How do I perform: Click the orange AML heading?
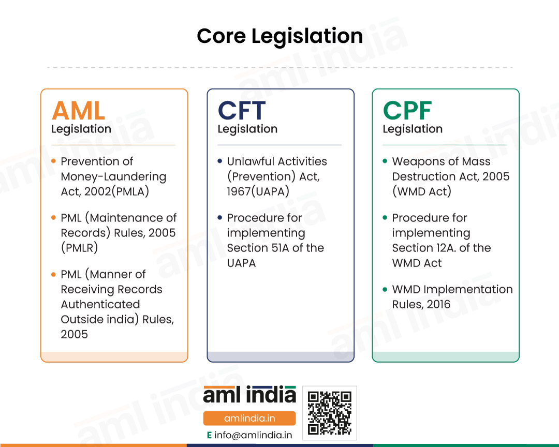click(x=79, y=111)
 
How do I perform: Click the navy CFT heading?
click(x=242, y=111)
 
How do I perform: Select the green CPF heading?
click(x=407, y=111)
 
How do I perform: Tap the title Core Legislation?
click(x=280, y=36)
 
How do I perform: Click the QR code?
click(x=330, y=413)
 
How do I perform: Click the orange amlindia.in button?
click(x=249, y=418)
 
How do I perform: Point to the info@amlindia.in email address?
click(x=253, y=435)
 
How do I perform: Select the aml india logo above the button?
click(x=249, y=395)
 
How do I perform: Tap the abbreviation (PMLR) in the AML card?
click(x=79, y=248)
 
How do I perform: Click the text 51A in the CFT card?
click(x=281, y=248)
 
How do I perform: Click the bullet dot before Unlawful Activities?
click(x=219, y=161)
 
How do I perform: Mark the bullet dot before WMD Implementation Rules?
click(x=385, y=289)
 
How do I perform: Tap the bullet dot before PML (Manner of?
click(x=53, y=274)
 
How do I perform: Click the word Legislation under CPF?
click(x=413, y=129)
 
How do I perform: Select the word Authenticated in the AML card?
click(x=100, y=304)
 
